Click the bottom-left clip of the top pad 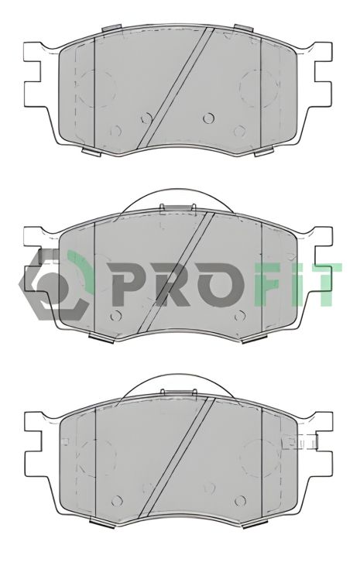pos(91,149)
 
